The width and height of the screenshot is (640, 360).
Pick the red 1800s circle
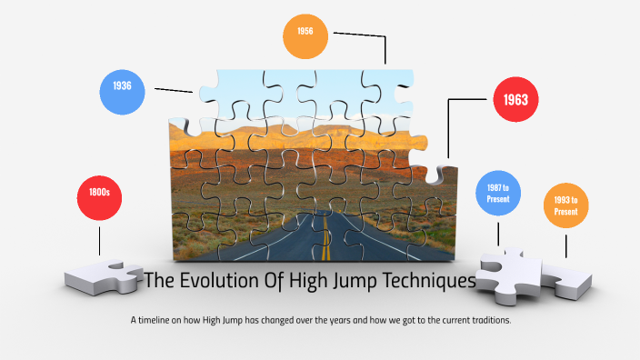click(x=100, y=193)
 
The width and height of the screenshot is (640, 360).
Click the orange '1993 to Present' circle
click(x=566, y=205)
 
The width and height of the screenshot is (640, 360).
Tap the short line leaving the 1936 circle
click(x=173, y=90)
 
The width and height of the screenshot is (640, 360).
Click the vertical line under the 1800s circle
click(x=100, y=241)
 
